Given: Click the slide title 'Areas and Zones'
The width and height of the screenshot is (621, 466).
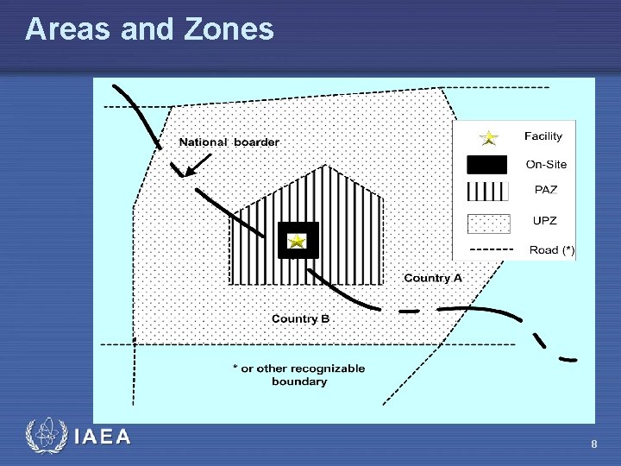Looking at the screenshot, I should click(149, 29).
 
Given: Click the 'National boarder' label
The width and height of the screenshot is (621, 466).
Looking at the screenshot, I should click(229, 142).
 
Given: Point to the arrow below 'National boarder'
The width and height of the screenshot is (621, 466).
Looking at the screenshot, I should click(198, 164).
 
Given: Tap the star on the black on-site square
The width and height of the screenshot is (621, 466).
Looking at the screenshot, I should click(297, 241).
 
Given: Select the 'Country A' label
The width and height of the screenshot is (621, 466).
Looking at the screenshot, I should click(433, 278).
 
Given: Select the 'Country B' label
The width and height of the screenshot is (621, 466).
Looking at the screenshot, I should click(300, 318).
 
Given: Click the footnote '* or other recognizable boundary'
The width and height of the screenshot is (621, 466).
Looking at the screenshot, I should click(298, 375).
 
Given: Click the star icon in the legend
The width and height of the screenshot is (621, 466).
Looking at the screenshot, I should click(488, 137).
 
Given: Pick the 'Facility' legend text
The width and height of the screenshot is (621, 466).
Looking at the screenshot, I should click(543, 136).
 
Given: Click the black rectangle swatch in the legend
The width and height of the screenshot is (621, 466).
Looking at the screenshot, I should click(487, 164).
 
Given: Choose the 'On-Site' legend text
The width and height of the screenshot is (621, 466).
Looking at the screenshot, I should click(547, 165).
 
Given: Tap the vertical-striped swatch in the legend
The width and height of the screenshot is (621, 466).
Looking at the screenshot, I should click(487, 191).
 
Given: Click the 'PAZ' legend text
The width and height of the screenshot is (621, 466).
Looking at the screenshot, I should click(545, 191).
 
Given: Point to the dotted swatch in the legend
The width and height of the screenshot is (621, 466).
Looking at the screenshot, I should click(487, 223).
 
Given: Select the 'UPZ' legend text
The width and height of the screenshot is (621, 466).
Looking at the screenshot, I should click(545, 221).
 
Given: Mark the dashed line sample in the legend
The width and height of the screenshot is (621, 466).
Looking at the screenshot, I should click(487, 250).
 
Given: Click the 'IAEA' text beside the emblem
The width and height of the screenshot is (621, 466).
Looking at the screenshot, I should click(103, 437).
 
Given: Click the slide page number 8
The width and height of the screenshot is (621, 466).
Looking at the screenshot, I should click(594, 444).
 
